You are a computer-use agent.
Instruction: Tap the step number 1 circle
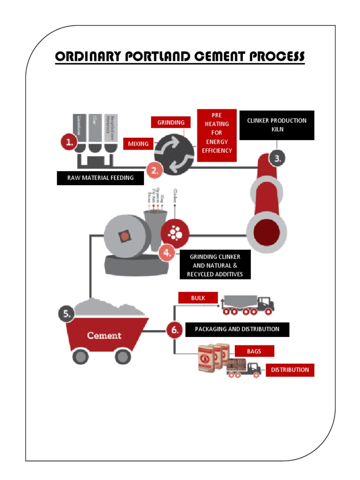[x=69, y=142]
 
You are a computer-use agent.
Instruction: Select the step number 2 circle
[x=155, y=171]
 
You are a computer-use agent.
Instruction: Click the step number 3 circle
[x=277, y=158]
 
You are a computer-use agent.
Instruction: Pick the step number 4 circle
[x=167, y=254]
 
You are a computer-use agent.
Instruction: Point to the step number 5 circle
[x=67, y=314]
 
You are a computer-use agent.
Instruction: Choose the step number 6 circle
[x=174, y=330]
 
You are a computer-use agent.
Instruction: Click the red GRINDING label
[x=171, y=122]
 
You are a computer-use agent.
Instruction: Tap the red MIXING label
[x=138, y=144]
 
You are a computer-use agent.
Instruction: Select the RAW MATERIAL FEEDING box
[x=100, y=178]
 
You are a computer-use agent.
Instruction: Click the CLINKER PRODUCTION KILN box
[x=277, y=125]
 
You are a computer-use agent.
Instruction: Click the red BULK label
[x=198, y=298]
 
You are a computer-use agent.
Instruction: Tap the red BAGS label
[x=254, y=351]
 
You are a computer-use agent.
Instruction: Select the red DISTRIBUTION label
[x=290, y=370]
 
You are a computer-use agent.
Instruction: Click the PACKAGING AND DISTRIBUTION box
[x=237, y=329]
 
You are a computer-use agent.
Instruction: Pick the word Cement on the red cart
[x=104, y=336]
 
